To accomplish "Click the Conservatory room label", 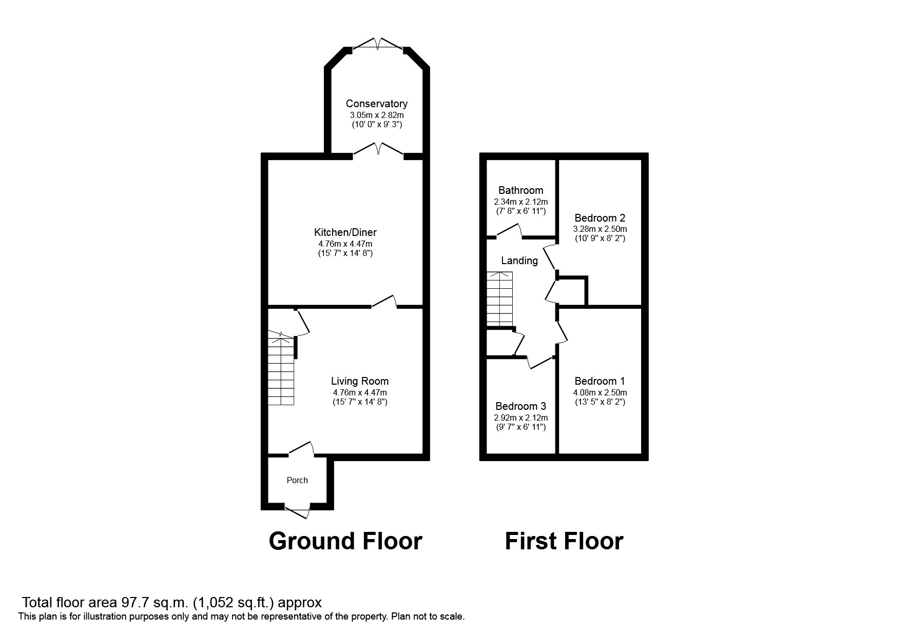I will click(x=376, y=104).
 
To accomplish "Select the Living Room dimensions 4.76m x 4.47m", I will click(x=359, y=392).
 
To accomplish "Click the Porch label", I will click(x=297, y=480).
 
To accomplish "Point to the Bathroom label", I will click(x=520, y=190).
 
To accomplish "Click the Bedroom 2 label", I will click(x=599, y=217).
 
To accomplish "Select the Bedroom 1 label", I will click(x=599, y=381).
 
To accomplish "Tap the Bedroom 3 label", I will click(x=520, y=406).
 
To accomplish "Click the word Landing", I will click(x=519, y=261).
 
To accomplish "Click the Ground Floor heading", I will click(x=345, y=541).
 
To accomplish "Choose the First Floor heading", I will click(x=564, y=541).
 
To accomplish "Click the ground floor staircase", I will click(x=281, y=369).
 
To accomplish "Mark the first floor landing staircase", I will click(x=500, y=299).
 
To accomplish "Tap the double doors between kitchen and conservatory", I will click(x=378, y=149).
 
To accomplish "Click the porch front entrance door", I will click(x=298, y=511).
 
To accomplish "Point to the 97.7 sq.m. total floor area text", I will click(x=172, y=602).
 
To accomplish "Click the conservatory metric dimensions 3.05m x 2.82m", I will click(x=376, y=115).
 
